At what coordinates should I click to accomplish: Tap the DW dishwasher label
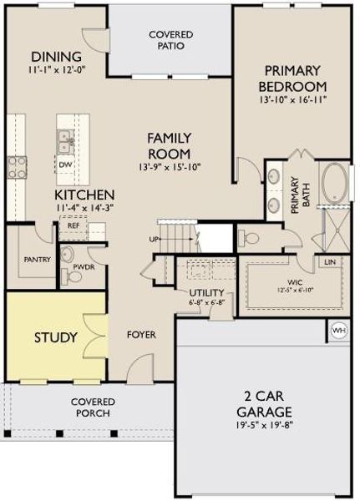pos(65,164)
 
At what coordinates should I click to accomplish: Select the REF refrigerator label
pos(74,225)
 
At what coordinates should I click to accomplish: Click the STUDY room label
pos(55,337)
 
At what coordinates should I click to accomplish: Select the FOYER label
pos(141,335)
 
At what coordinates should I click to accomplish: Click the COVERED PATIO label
pos(170,39)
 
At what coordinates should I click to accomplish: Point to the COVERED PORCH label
pos(92,407)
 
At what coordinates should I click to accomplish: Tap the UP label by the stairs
pos(154,239)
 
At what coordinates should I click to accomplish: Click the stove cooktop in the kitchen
pos(15,164)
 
